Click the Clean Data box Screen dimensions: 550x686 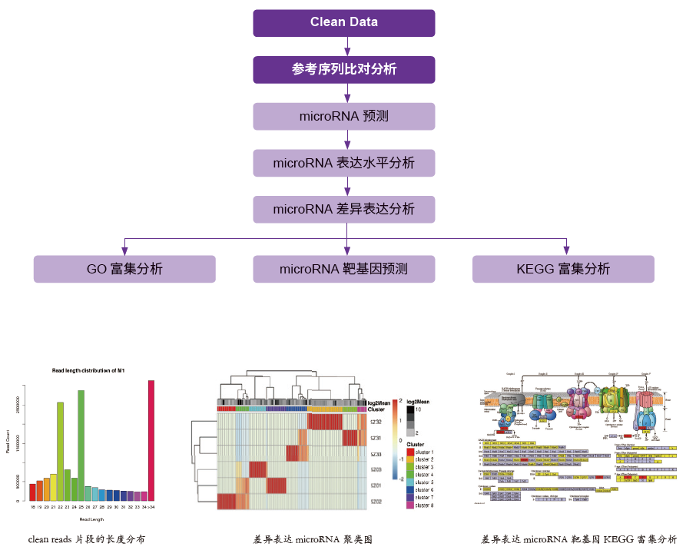click(x=344, y=23)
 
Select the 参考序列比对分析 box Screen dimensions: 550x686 click(x=344, y=70)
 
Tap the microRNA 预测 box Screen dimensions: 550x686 click(x=344, y=117)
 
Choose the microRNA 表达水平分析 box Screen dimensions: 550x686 click(x=344, y=163)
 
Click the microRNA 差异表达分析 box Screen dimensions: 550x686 click(x=344, y=209)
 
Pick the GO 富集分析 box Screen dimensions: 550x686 click(x=124, y=269)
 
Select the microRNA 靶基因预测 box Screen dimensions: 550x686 click(x=344, y=269)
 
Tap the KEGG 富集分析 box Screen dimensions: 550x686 click(x=564, y=269)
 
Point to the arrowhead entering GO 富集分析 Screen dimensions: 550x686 click(x=124, y=250)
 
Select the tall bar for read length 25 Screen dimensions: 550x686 click(x=81, y=445)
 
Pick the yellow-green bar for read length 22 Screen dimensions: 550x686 click(x=60, y=451)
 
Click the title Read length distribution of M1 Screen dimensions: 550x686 click(x=88, y=371)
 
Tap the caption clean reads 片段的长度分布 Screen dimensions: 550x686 click(x=86, y=539)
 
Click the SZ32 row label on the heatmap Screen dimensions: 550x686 click(x=376, y=422)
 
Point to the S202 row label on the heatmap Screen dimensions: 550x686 click(x=376, y=501)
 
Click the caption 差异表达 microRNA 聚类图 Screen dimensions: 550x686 click(x=313, y=539)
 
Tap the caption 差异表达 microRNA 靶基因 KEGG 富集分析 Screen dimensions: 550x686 click(x=578, y=539)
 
